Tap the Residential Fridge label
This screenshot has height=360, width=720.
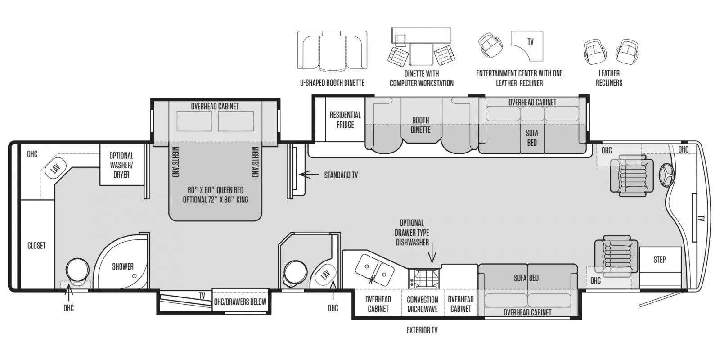point(345,120)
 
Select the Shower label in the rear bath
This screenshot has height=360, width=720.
point(123,266)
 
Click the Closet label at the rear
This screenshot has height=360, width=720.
point(36,246)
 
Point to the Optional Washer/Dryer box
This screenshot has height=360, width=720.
point(121,165)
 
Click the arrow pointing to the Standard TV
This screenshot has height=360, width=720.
point(309,175)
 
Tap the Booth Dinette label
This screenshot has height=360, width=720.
point(420,125)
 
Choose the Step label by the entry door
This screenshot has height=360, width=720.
point(660,259)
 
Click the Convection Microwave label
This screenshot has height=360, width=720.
point(423,304)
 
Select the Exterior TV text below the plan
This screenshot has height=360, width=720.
point(422,330)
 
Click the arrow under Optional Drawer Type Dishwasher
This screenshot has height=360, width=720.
point(432,253)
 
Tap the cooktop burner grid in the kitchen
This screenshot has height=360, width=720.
point(424,279)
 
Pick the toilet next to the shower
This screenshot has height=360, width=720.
point(77,272)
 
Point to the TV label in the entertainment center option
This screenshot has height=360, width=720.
point(531,41)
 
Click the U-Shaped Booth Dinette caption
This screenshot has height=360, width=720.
point(332,83)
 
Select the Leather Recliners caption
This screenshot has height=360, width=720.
point(609,78)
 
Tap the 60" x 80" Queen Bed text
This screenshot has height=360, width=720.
point(216,190)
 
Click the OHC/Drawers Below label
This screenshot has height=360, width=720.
point(240,302)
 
